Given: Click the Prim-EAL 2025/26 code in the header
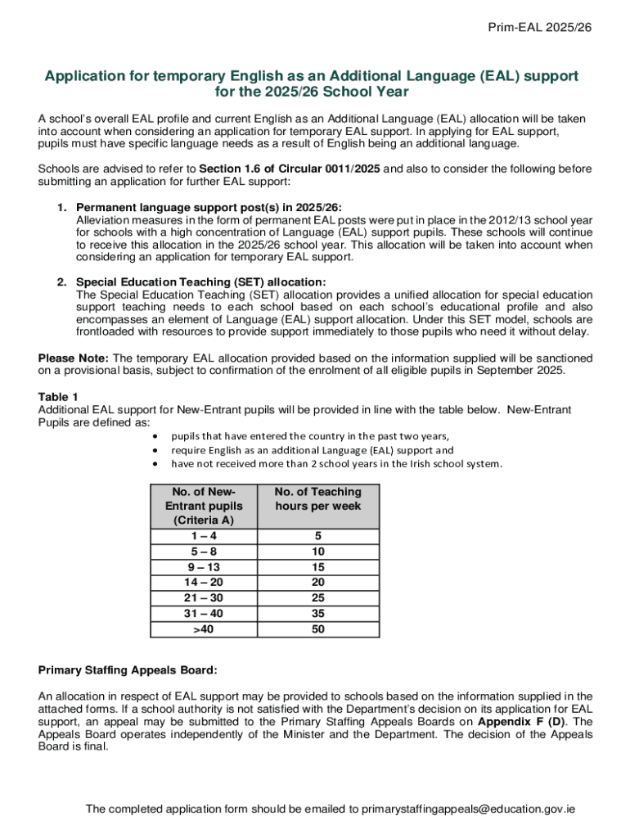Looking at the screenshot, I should pos(539,28).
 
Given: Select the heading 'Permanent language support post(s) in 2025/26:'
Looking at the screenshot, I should pos(209,208).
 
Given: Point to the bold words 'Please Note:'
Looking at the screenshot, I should pos(74,358).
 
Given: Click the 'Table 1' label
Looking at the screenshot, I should pos(58,397).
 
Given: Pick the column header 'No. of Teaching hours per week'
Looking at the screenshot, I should pos(317,499).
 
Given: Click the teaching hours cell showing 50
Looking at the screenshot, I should pos(317,629).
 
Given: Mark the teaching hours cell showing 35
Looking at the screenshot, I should pos(317,614).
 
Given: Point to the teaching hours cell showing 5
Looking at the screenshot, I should pos(317,536).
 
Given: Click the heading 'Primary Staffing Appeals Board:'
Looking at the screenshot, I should pos(128,670).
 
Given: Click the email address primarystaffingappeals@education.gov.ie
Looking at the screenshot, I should pos(468,809).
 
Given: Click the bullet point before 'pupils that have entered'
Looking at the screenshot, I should pos(155,436).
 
